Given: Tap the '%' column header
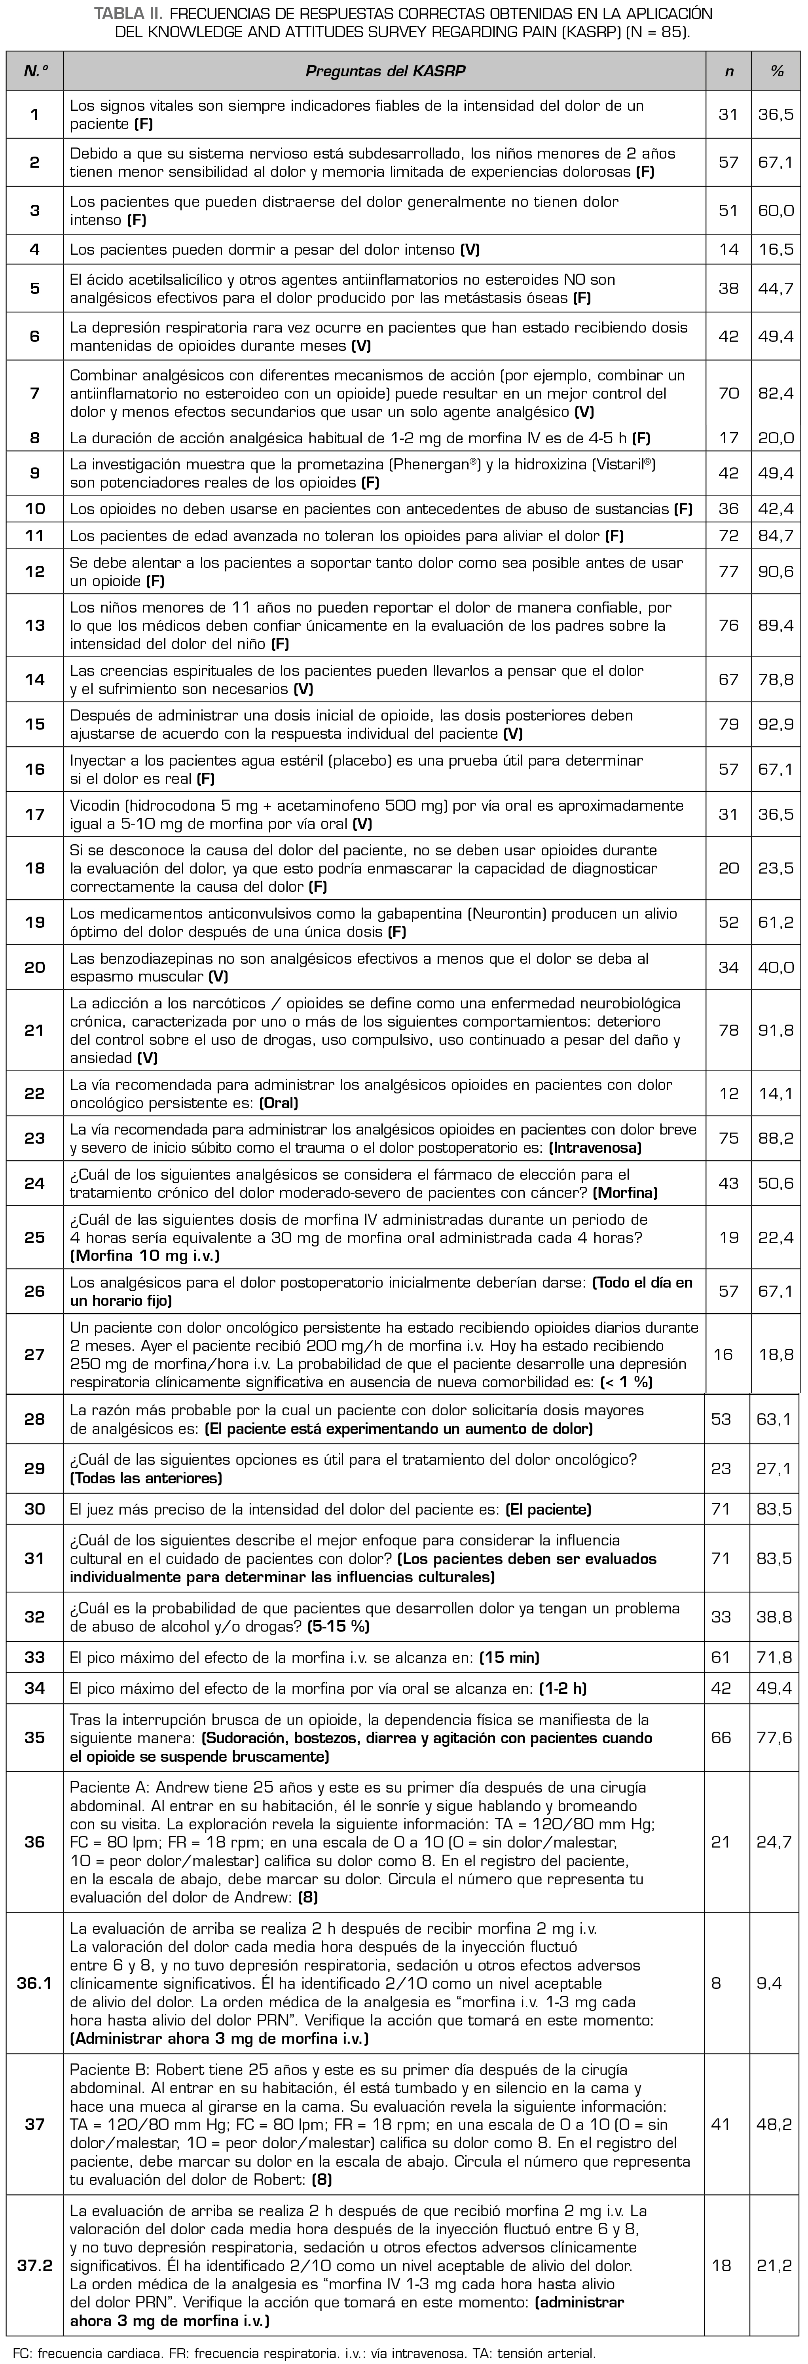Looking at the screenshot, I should [x=776, y=71].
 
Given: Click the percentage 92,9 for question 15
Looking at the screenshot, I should [x=776, y=724].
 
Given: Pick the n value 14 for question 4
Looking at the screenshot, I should [x=728, y=249].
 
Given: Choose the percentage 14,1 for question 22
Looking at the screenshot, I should [x=776, y=1093].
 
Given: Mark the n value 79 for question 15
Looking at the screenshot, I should [x=728, y=724].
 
